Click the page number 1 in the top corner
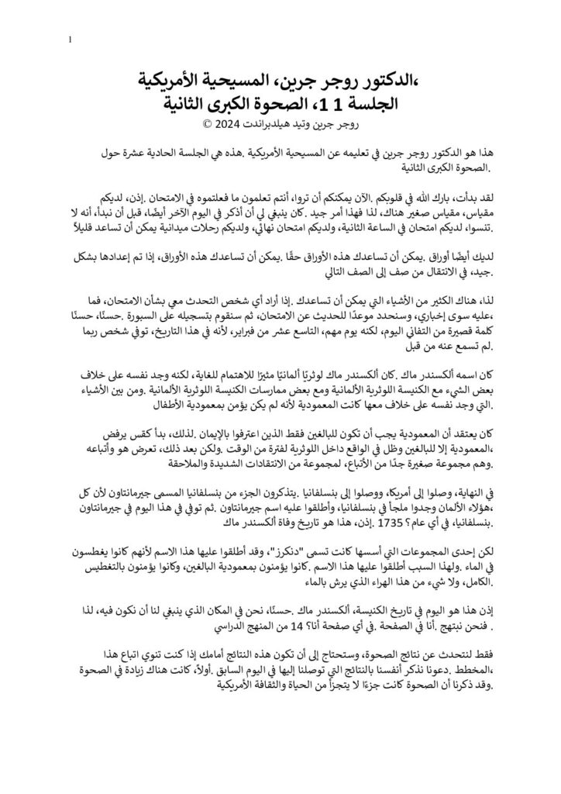click(x=71, y=40)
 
